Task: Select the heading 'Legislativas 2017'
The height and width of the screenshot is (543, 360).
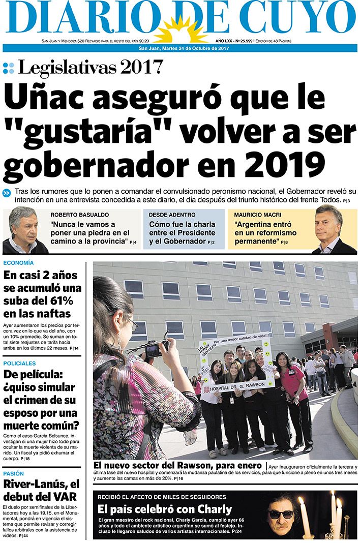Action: click(90, 67)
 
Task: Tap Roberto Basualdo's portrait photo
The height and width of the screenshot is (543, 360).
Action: click(24, 231)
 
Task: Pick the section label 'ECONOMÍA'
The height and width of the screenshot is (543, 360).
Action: click(18, 263)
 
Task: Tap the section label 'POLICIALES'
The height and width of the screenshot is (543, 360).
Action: click(19, 364)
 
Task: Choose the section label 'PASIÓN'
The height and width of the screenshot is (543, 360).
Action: click(14, 473)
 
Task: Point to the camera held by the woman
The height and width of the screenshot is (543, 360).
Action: click(153, 349)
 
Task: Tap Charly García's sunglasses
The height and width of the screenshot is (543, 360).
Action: click(281, 514)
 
